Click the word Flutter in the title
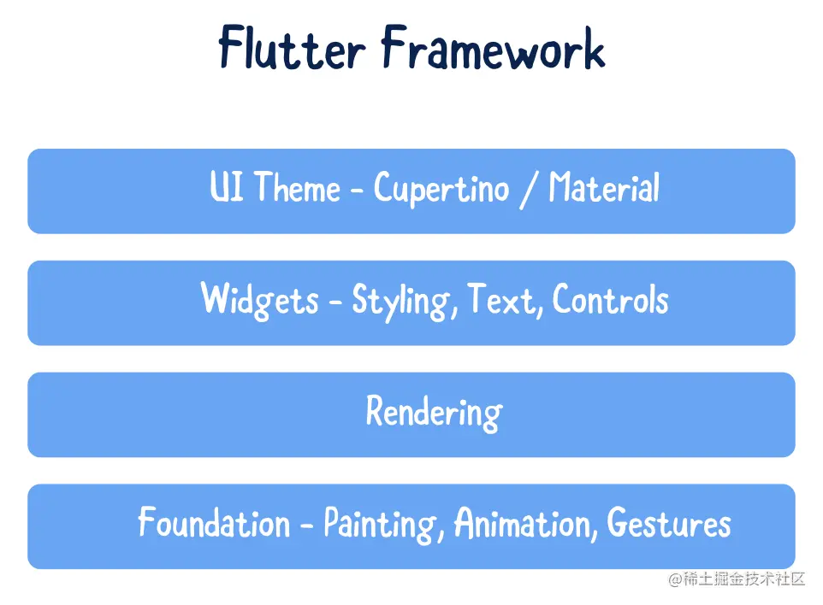pyautogui.click(x=292, y=47)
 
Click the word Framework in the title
pyautogui.click(x=494, y=47)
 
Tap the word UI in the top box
pyautogui.click(x=227, y=186)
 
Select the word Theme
pyautogui.click(x=298, y=186)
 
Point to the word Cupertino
pyautogui.click(x=441, y=189)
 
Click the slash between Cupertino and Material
pyautogui.click(x=529, y=190)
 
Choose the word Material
pyautogui.click(x=604, y=186)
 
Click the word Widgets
pyautogui.click(x=260, y=300)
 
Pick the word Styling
pyautogui.click(x=401, y=301)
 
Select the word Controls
pyautogui.click(x=611, y=299)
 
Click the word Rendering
pyautogui.click(x=434, y=413)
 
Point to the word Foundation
pyautogui.click(x=214, y=521)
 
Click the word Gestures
pyautogui.click(x=669, y=522)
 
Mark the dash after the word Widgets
pyautogui.click(x=335, y=302)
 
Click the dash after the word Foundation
pyautogui.click(x=306, y=525)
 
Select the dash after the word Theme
pyautogui.click(x=357, y=191)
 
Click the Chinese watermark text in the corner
pyautogui.click(x=737, y=579)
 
